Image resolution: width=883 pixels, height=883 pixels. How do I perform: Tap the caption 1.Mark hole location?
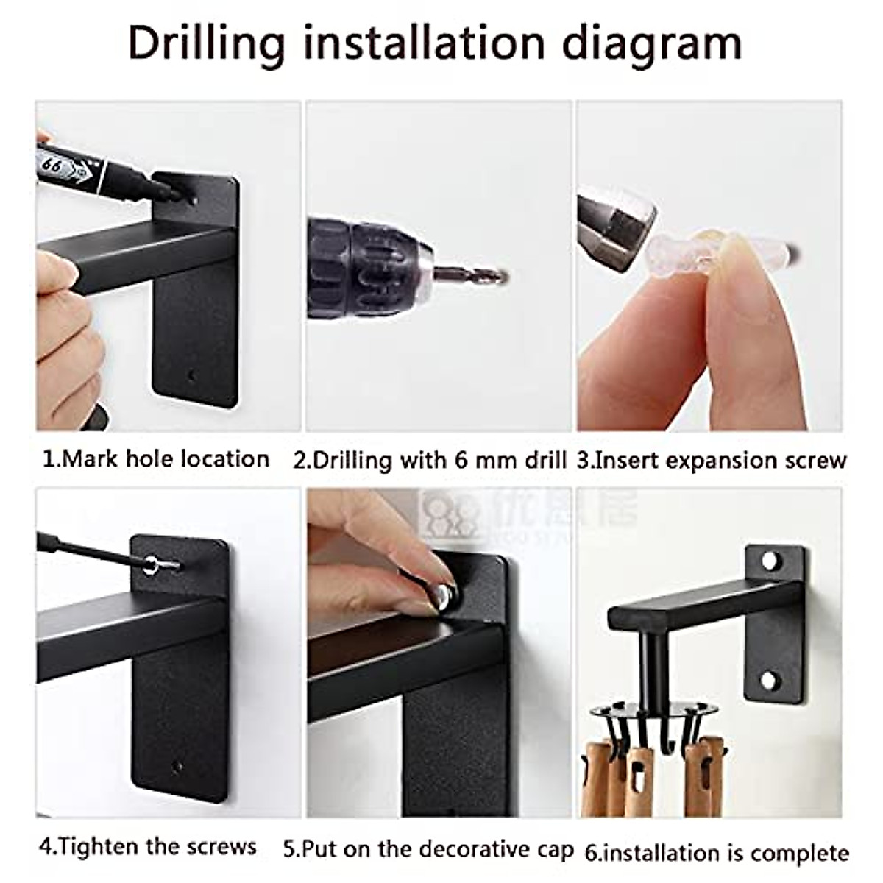pos(155,459)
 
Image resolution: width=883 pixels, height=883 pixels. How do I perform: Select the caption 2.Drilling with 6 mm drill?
pos(430,461)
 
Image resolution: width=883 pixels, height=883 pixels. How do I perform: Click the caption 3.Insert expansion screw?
pos(712,461)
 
